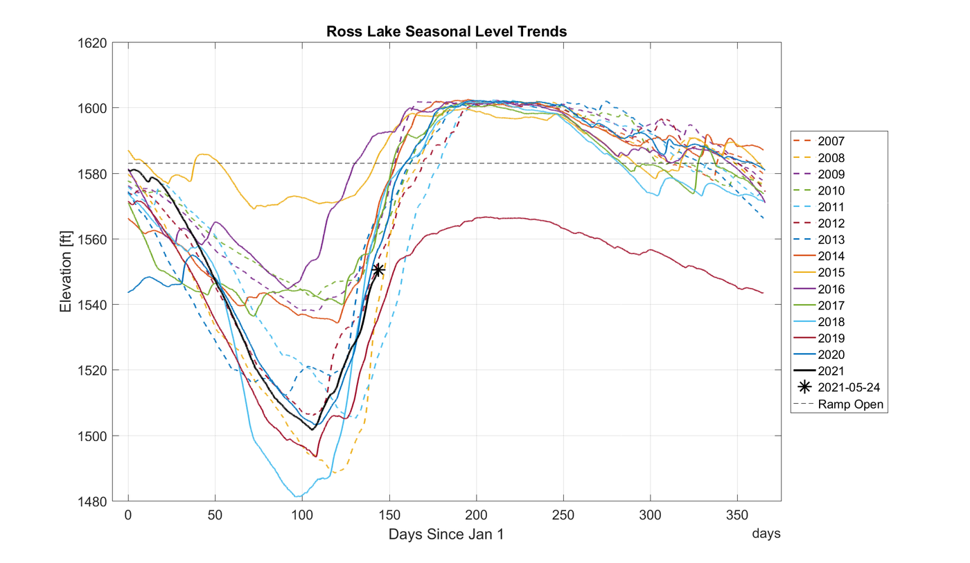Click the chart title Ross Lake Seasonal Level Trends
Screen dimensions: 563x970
(447, 32)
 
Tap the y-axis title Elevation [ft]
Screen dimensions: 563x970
(66, 272)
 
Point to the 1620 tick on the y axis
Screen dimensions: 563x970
(95, 43)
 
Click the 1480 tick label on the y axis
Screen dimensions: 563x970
(95, 501)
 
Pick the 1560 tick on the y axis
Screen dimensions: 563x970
(95, 240)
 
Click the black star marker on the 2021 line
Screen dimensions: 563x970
(378, 270)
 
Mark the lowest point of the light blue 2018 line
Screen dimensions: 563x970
(298, 497)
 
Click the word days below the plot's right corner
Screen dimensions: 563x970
(767, 534)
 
